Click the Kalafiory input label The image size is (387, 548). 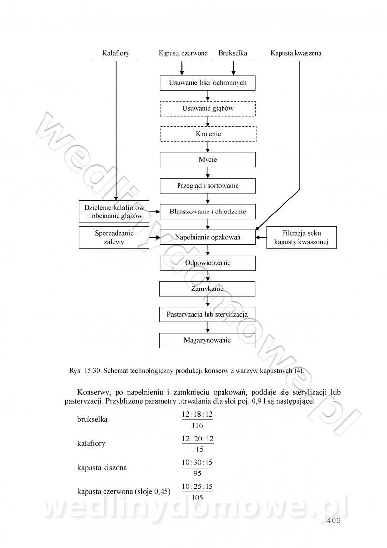click(x=116, y=53)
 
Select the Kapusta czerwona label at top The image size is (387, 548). click(x=183, y=53)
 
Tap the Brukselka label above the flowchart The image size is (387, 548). click(x=233, y=53)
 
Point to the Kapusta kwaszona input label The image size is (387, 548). click(x=296, y=53)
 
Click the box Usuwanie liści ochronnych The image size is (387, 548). click(x=208, y=83)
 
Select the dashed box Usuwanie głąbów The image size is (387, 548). click(x=208, y=108)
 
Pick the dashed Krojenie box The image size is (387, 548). click(x=208, y=134)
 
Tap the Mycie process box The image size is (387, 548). click(x=208, y=160)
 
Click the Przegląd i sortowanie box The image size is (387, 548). click(x=208, y=185)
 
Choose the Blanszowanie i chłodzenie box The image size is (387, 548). click(x=208, y=212)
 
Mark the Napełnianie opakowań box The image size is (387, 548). click(x=208, y=237)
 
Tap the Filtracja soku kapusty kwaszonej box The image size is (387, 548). click(x=301, y=237)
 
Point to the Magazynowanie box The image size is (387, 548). click(x=208, y=340)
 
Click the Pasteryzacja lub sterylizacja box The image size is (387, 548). click(x=208, y=315)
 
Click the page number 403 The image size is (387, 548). click(x=334, y=521)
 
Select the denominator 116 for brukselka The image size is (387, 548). click(x=197, y=426)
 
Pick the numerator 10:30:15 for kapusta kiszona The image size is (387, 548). click(x=197, y=462)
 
